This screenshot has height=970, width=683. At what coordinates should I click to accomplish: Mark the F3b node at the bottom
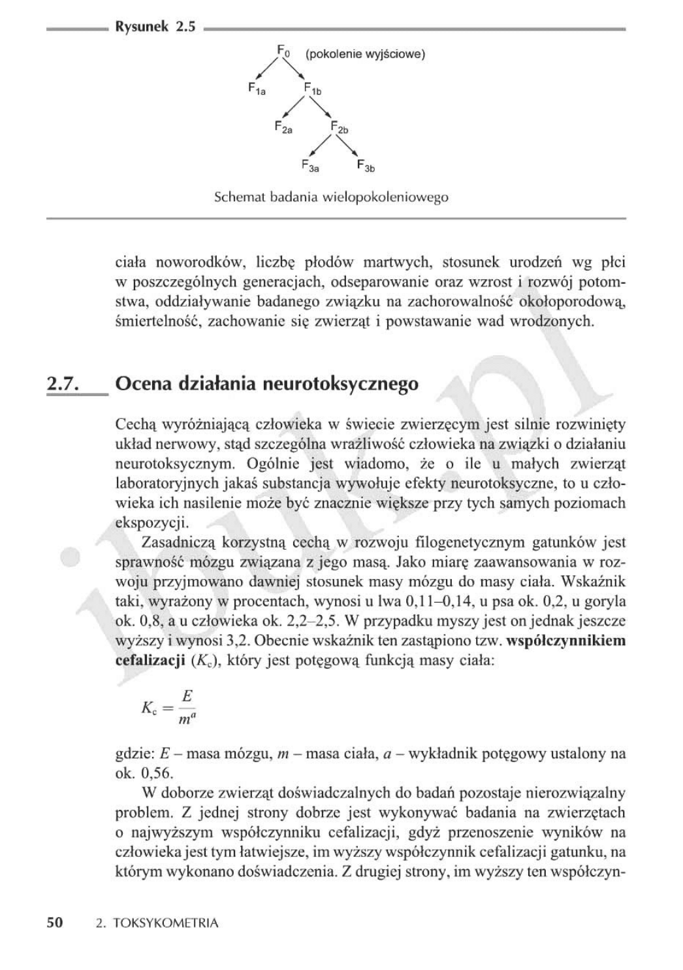point(366,166)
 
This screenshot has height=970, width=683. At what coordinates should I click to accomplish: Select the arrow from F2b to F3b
point(350,146)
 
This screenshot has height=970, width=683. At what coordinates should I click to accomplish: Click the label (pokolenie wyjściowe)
point(365,54)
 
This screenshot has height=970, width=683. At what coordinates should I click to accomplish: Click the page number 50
point(55,923)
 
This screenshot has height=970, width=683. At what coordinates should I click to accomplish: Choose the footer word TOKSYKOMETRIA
point(166,924)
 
